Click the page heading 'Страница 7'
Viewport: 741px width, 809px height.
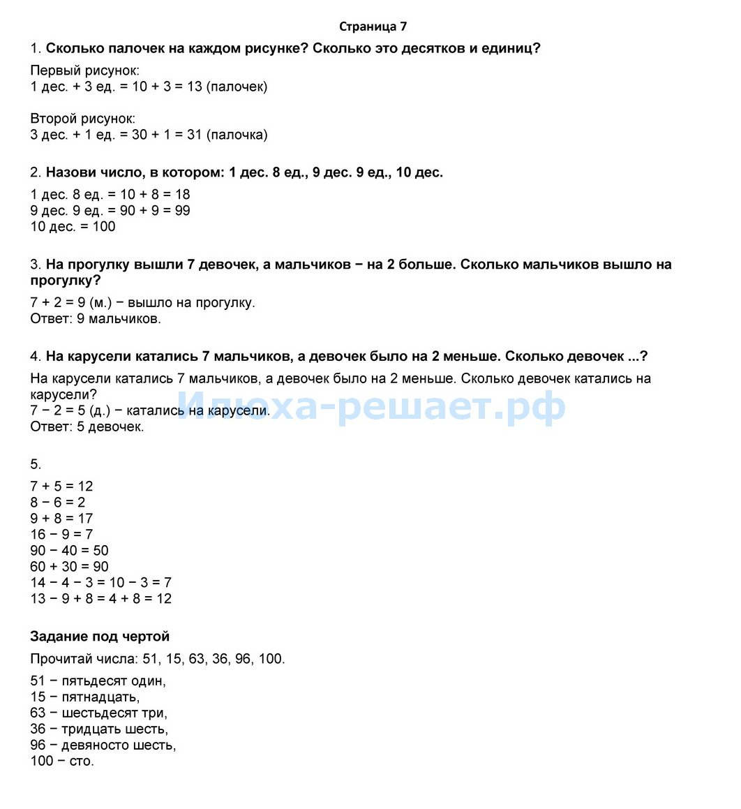coord(373,27)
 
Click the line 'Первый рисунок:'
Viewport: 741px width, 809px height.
coord(84,70)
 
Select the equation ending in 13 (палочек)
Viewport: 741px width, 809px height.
coord(149,87)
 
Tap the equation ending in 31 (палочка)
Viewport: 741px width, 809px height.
coord(149,135)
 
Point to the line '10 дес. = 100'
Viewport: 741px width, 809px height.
coord(73,226)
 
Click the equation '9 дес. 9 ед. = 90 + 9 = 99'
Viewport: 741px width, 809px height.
coord(110,210)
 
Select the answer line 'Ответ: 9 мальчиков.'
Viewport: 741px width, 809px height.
coord(96,319)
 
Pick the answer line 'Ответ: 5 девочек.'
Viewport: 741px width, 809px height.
coord(87,426)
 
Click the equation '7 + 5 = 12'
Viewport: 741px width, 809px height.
coord(61,486)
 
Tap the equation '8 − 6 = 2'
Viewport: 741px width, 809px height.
coord(58,502)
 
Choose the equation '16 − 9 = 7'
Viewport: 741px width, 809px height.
coord(61,534)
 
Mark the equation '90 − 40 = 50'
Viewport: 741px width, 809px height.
coord(69,550)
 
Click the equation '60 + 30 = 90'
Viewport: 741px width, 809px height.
coord(69,566)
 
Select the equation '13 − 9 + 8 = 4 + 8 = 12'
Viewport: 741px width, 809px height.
coord(100,598)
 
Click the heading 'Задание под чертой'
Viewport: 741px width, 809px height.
coord(100,636)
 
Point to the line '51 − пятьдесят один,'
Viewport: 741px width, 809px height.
coord(98,681)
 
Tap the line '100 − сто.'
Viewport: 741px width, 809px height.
coord(61,761)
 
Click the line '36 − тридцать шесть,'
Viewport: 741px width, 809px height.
coord(99,729)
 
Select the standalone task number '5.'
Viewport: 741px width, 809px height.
coord(36,464)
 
